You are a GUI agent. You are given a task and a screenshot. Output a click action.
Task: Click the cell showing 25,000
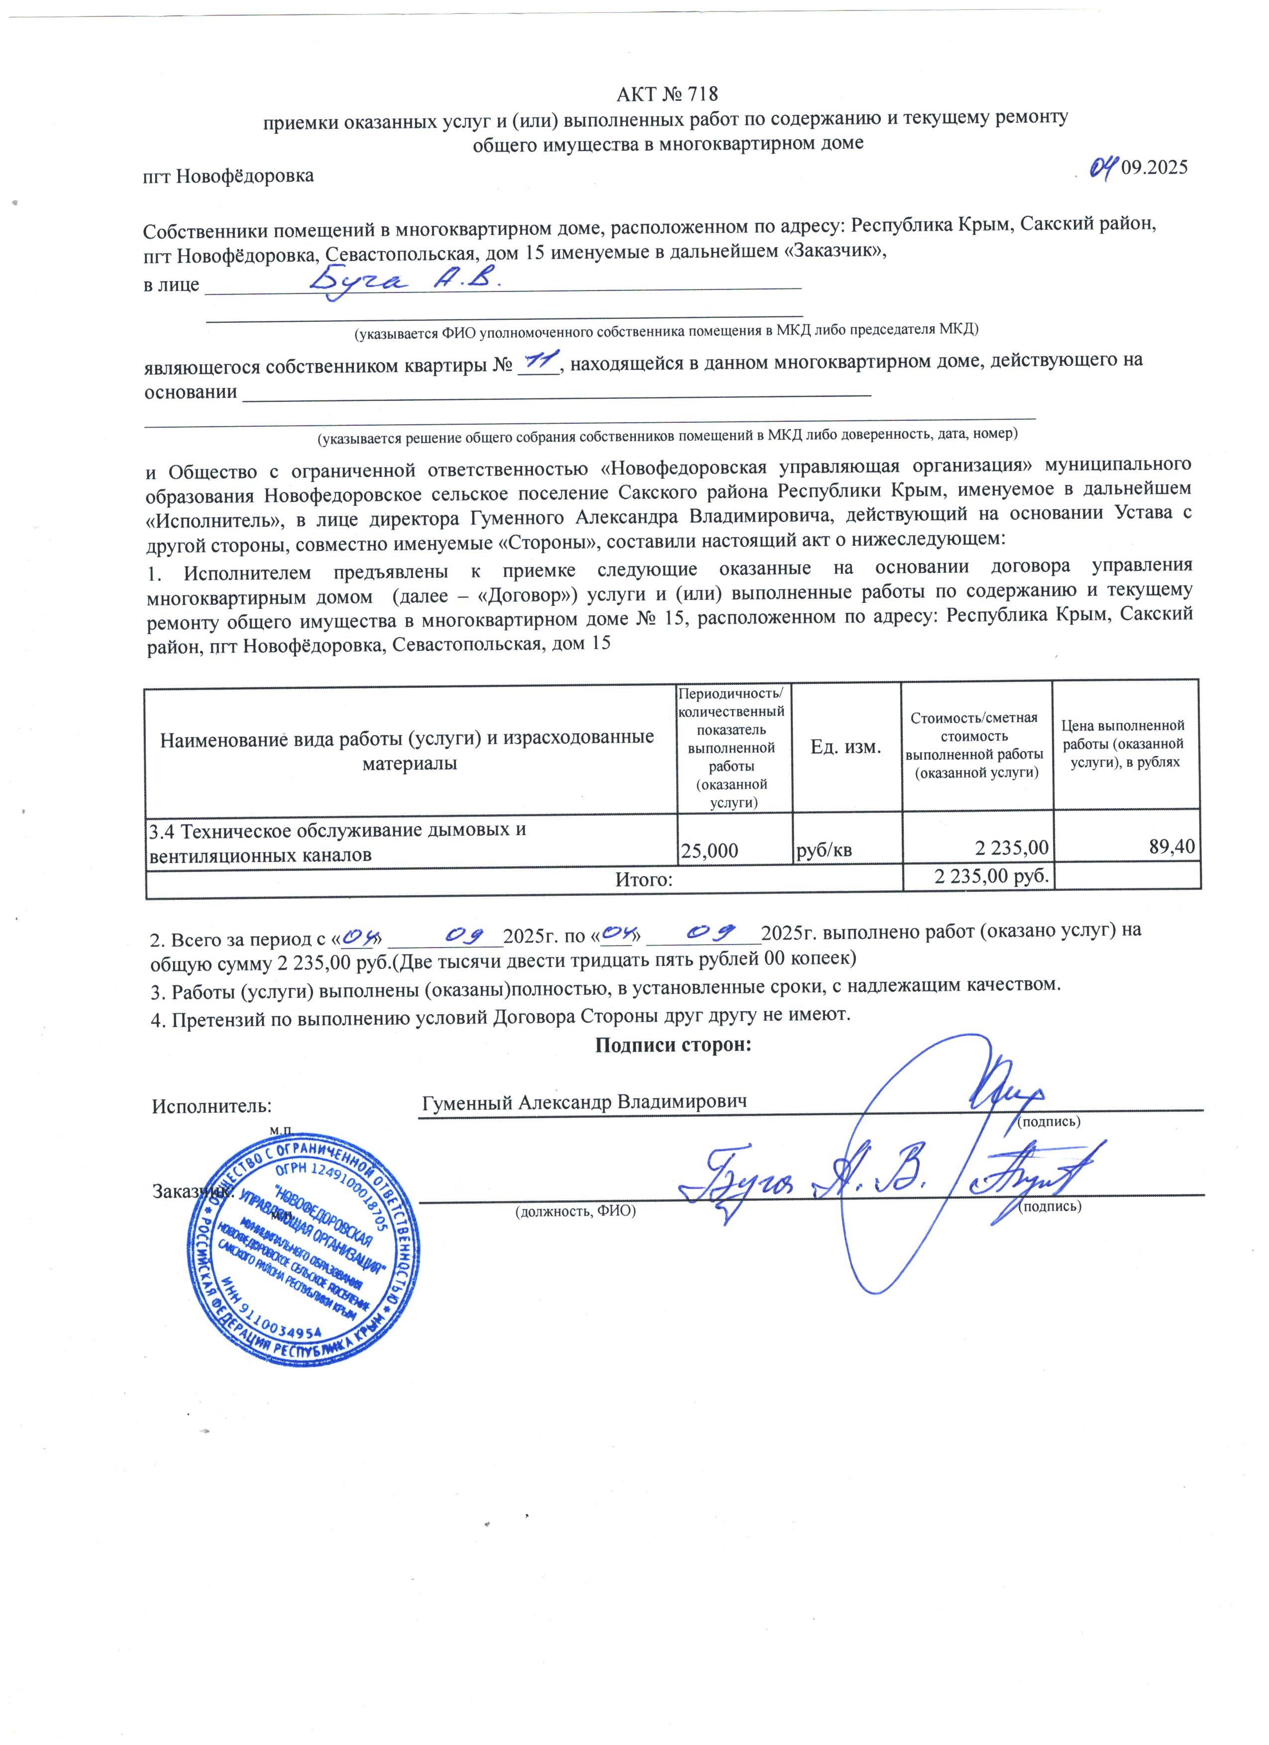coord(710,850)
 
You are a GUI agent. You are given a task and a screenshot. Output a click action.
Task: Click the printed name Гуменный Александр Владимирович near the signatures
coord(585,1102)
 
